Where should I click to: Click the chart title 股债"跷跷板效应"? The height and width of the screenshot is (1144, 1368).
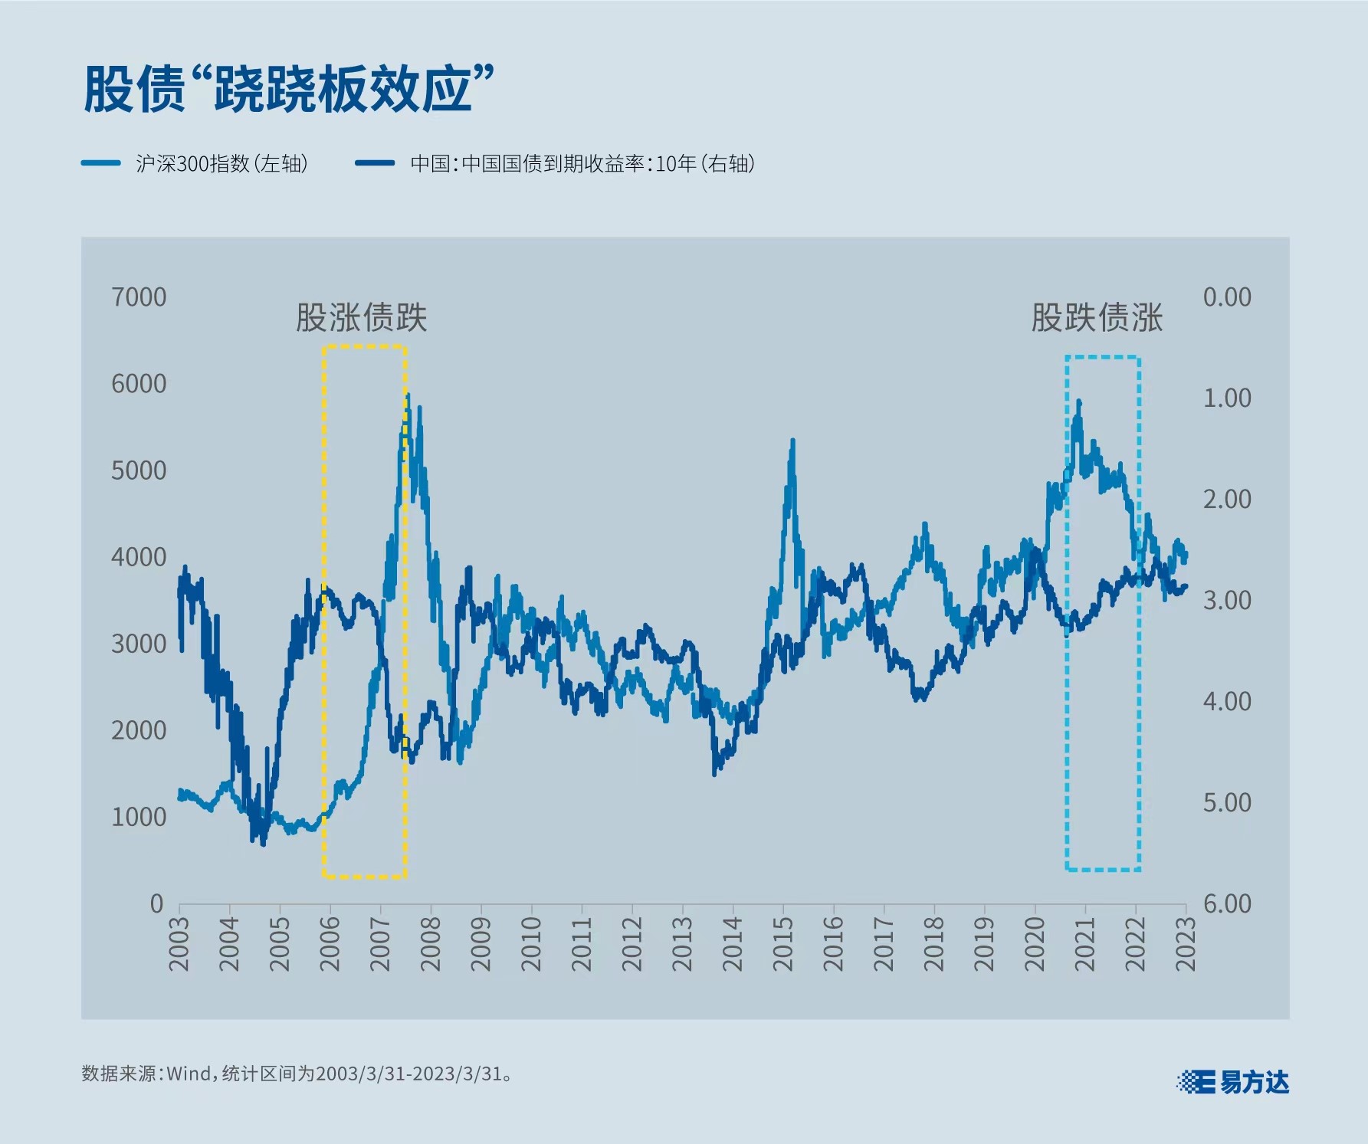tap(288, 89)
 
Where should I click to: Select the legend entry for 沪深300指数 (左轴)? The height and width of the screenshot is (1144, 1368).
tap(195, 163)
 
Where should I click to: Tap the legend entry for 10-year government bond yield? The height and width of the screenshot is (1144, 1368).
tap(556, 163)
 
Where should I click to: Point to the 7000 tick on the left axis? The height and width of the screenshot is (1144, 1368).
tap(139, 297)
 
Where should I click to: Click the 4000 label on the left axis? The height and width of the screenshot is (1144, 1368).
tap(139, 556)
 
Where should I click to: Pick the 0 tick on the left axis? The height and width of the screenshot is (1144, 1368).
tap(156, 903)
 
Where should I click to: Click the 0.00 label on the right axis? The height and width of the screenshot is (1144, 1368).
tap(1226, 297)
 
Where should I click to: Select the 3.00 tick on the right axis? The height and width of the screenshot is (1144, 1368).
tap(1226, 600)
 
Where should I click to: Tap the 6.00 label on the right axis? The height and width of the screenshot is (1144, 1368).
tap(1226, 903)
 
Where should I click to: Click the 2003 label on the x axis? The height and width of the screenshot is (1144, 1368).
tap(179, 944)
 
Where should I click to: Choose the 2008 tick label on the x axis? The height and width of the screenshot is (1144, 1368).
tap(431, 944)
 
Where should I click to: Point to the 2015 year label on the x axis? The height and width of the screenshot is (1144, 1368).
tap(783, 944)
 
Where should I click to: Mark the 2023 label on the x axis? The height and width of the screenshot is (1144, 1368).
tap(1186, 944)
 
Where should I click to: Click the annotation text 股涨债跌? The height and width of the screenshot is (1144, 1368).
tap(361, 318)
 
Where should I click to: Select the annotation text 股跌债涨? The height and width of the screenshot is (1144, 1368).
tap(1097, 318)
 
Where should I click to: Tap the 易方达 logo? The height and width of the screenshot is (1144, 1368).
tap(1233, 1082)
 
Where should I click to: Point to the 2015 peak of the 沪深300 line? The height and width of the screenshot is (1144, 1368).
tap(792, 440)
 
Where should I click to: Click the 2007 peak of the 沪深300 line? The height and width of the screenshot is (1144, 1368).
tap(408, 395)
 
